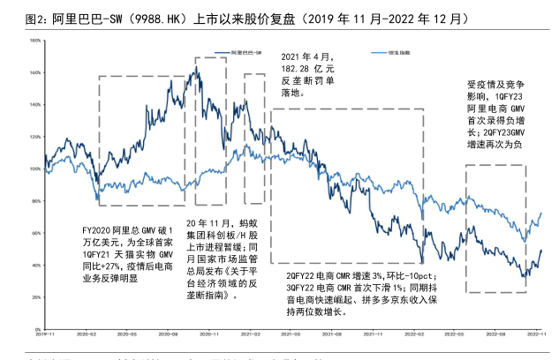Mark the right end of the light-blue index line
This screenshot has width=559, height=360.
tap(540, 213)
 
